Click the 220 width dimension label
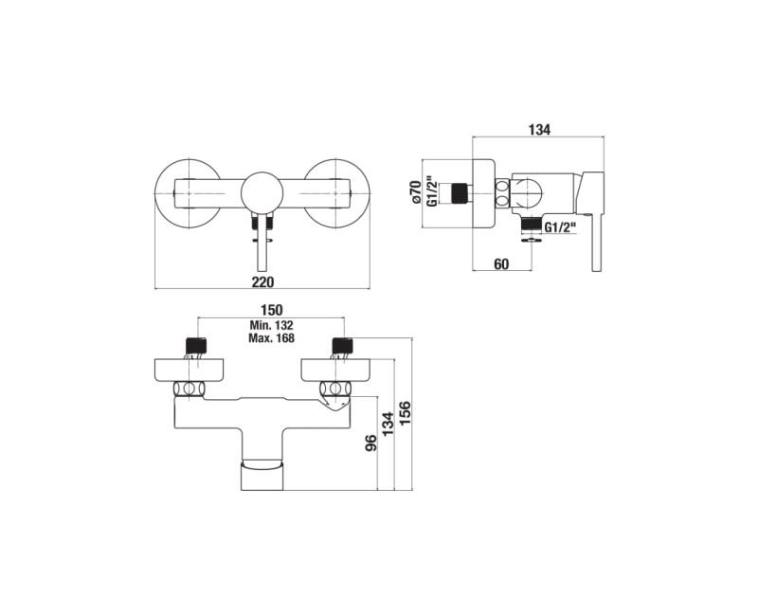(x=263, y=282)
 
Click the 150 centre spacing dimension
(x=271, y=310)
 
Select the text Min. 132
(x=271, y=325)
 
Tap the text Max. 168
(x=271, y=337)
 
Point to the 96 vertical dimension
(x=370, y=443)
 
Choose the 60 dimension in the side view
(x=502, y=264)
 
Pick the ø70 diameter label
(x=414, y=191)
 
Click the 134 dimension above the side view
(x=539, y=130)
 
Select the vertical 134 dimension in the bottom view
(x=388, y=425)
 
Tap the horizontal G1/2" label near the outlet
(x=561, y=226)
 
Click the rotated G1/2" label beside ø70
(x=433, y=191)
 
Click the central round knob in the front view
(x=262, y=193)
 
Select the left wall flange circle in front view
(x=188, y=193)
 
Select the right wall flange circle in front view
(x=336, y=193)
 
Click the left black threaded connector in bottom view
(x=196, y=345)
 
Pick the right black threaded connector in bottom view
(x=344, y=345)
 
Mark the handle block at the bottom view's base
(x=262, y=476)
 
